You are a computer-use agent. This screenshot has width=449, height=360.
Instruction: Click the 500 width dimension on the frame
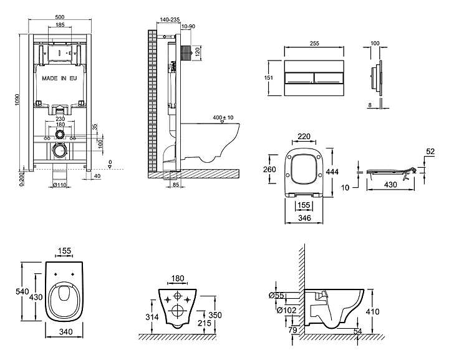(59, 17)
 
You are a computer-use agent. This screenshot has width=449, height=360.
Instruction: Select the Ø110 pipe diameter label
(59, 185)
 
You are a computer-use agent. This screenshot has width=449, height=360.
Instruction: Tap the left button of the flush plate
(299, 78)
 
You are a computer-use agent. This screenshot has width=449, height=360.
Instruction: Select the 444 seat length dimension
(334, 172)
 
